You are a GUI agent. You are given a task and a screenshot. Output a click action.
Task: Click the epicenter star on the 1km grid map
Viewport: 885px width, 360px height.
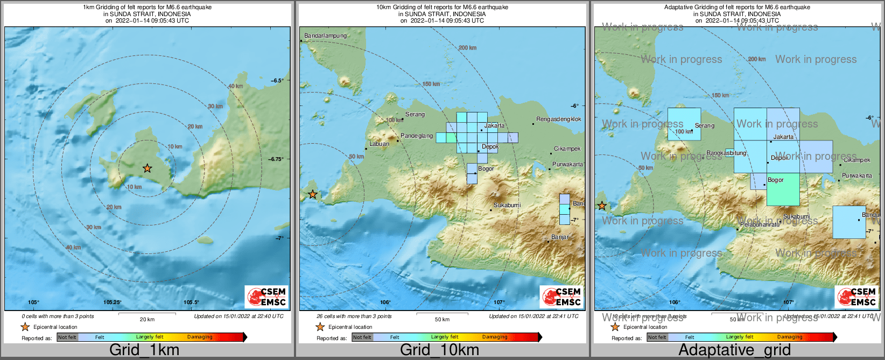pos(147,168)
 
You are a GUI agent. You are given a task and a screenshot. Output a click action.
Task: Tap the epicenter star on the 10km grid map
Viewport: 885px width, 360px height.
pos(312,195)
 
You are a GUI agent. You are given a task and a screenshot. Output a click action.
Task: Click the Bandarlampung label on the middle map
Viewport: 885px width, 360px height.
pos(326,36)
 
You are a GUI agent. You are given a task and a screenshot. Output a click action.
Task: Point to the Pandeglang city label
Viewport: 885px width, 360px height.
pos(417,136)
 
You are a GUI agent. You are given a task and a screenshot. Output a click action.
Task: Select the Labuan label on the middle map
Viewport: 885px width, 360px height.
pos(379,144)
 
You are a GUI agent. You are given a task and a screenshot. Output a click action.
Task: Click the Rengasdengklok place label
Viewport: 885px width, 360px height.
pos(559,119)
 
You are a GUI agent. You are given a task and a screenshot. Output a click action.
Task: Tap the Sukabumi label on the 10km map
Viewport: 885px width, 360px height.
pos(507,206)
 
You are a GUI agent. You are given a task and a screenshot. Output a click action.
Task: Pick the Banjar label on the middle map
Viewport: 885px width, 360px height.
pos(560,237)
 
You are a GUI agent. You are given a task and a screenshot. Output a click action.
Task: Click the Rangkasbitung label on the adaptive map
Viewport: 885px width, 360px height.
pos(726,153)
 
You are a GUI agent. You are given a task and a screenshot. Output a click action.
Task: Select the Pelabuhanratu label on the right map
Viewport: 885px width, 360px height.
pos(759,224)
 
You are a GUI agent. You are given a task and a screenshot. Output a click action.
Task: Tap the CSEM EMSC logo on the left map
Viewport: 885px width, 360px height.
pos(266,297)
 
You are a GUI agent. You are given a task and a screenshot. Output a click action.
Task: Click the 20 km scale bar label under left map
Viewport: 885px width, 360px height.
pos(147,320)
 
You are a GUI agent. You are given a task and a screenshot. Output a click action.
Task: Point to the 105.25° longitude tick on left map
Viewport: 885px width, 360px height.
pos(113,302)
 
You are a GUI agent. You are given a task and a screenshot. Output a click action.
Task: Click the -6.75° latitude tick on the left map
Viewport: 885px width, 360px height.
pos(276,159)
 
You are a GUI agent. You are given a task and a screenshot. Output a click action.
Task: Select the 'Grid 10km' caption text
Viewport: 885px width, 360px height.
pos(439,350)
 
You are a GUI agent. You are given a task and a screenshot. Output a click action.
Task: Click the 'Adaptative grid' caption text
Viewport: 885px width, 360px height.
pos(734,350)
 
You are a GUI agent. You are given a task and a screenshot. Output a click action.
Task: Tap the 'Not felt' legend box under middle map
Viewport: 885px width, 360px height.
pos(362,337)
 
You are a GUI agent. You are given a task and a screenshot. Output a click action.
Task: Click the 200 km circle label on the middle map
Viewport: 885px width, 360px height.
pos(467,48)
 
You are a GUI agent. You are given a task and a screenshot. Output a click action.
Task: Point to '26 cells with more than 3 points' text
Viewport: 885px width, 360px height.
pos(354,316)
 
